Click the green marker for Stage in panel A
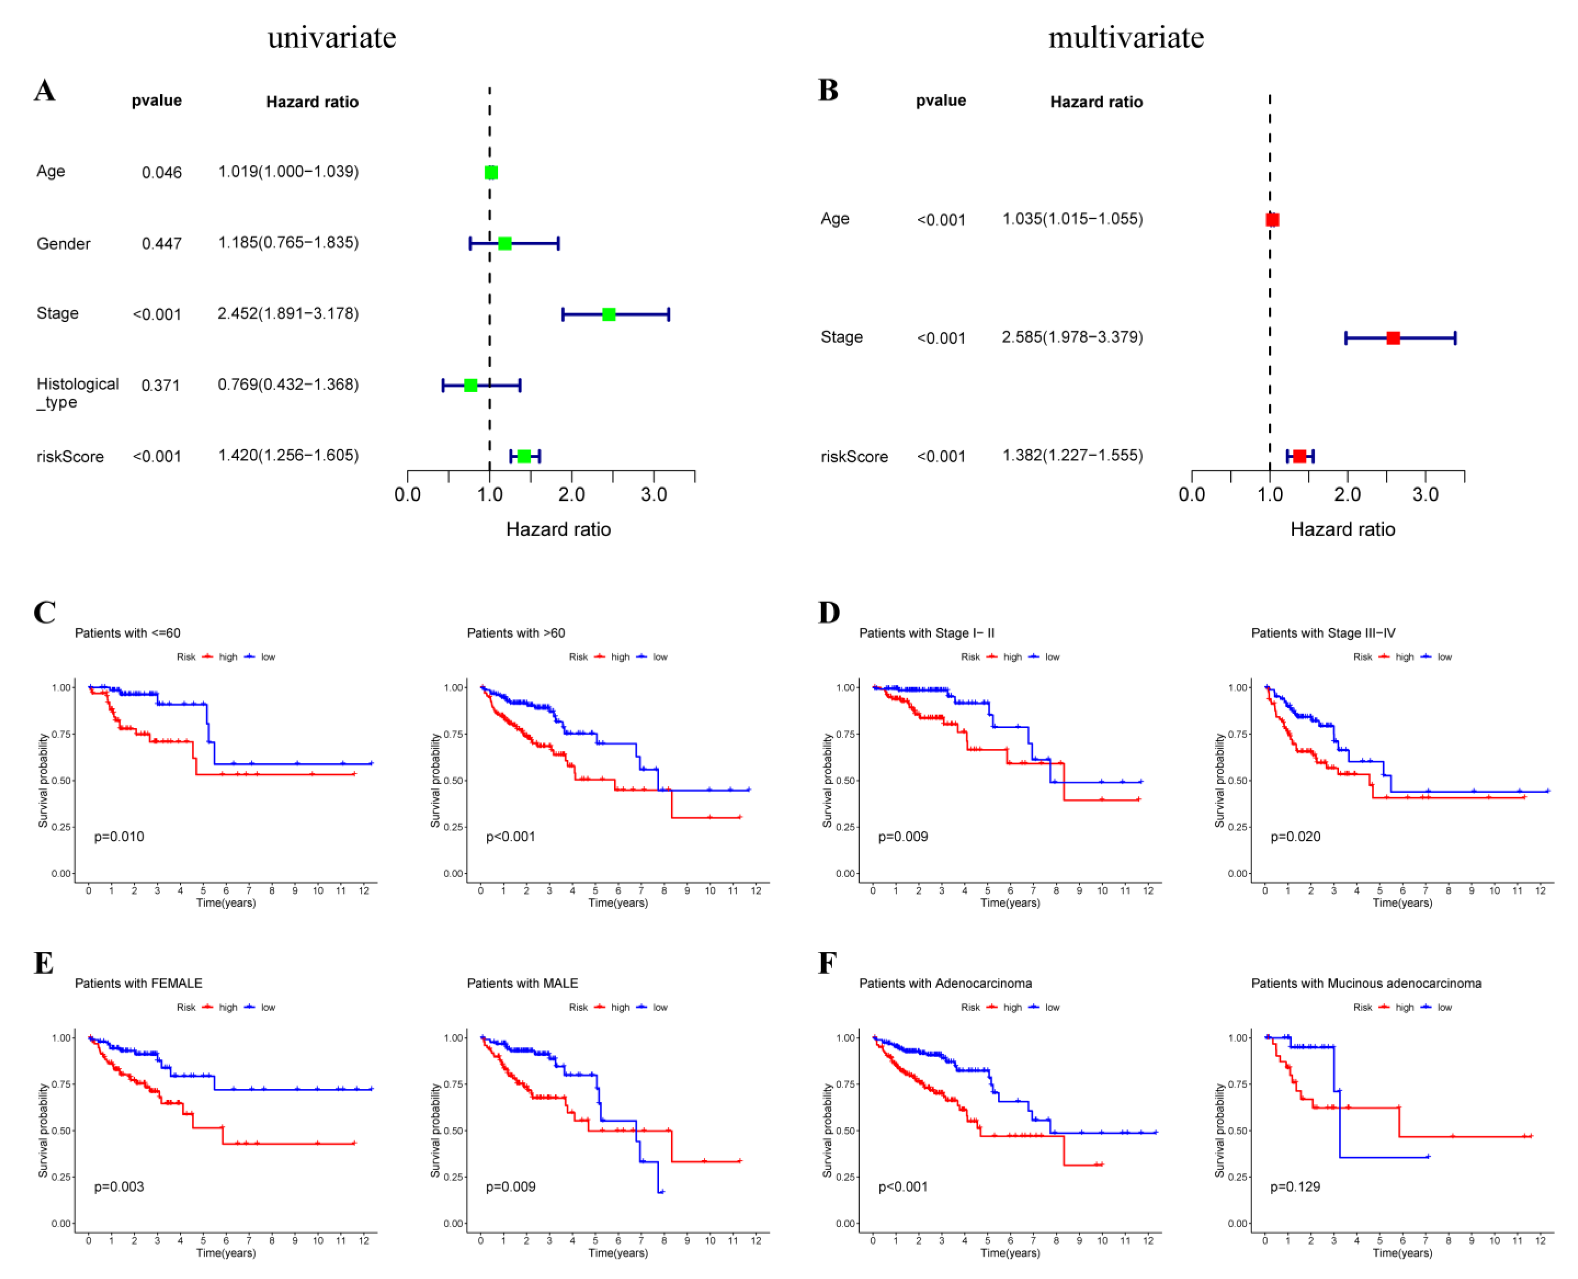[608, 314]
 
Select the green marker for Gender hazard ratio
[505, 243]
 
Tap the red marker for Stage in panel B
[1392, 338]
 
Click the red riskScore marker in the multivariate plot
[1299, 456]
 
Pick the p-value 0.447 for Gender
[161, 244]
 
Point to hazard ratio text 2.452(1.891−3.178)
[288, 314]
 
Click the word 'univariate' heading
[332, 38]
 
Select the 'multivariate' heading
[1126, 38]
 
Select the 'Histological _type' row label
[77, 393]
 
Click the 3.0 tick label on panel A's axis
[653, 495]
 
